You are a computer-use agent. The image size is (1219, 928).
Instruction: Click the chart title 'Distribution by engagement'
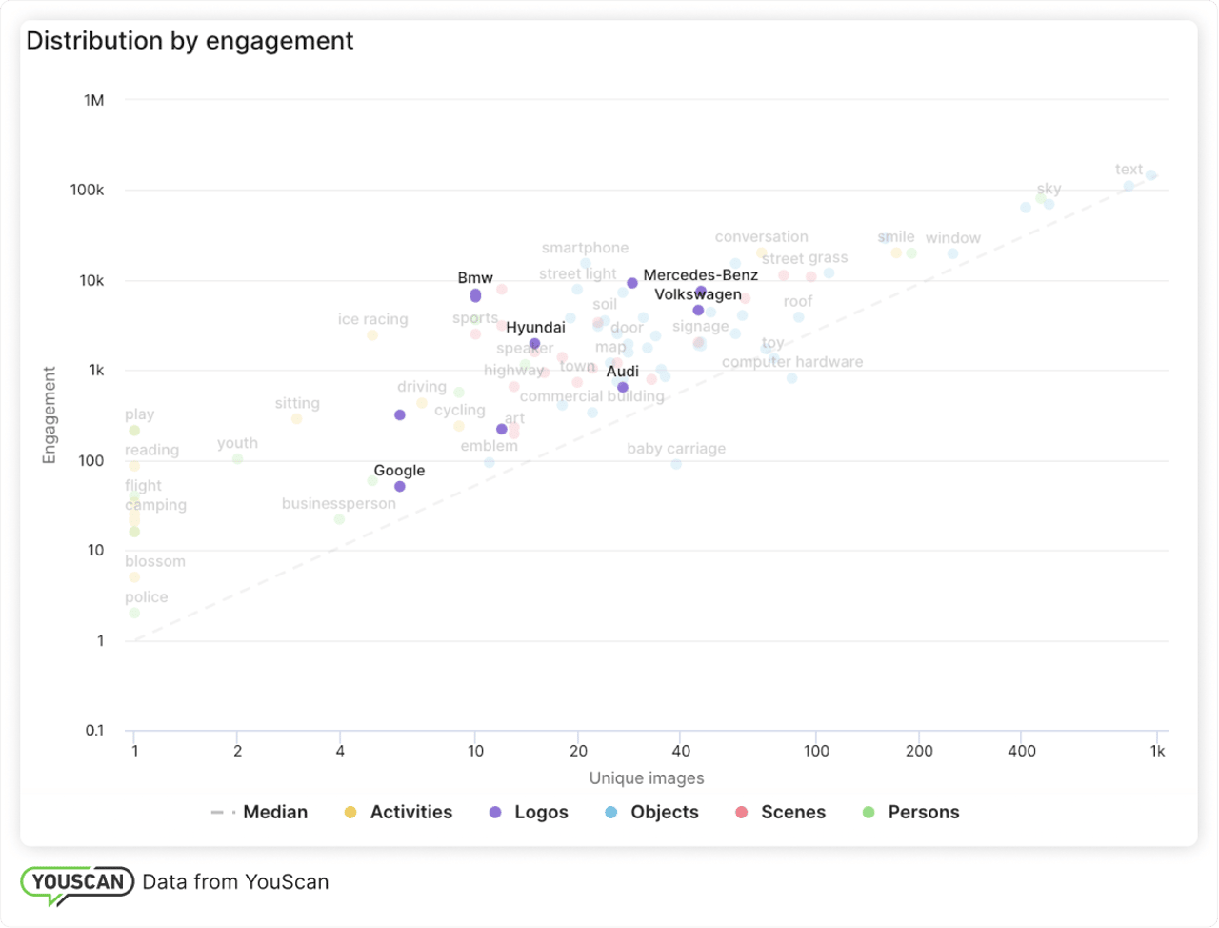coord(190,41)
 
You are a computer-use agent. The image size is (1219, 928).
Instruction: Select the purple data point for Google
coord(400,487)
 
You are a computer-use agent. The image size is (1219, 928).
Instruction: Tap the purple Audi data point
coord(623,387)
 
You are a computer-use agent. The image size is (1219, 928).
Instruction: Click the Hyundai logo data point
coord(535,343)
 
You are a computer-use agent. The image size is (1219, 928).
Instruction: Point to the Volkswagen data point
coord(698,311)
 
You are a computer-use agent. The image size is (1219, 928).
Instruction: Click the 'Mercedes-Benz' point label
coord(700,275)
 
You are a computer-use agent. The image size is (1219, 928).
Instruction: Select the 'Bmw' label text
coord(475,278)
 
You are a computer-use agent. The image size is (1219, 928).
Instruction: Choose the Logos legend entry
coord(529,813)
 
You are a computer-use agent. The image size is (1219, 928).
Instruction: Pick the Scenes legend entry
coord(780,813)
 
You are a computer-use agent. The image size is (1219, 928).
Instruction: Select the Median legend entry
coord(259,813)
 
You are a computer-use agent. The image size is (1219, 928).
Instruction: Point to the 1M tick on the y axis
coord(93,100)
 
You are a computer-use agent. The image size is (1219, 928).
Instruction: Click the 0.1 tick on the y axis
coord(94,731)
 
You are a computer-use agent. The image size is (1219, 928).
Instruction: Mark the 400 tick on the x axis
coord(1021,751)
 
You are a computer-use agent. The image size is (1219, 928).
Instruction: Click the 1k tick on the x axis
coord(1157,751)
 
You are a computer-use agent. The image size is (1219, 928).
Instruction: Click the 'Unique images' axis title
coord(647,778)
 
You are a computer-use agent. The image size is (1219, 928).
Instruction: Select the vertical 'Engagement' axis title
coord(50,415)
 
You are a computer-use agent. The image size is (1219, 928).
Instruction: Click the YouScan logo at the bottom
coord(78,882)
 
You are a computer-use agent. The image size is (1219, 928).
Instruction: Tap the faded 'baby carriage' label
coord(676,449)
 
